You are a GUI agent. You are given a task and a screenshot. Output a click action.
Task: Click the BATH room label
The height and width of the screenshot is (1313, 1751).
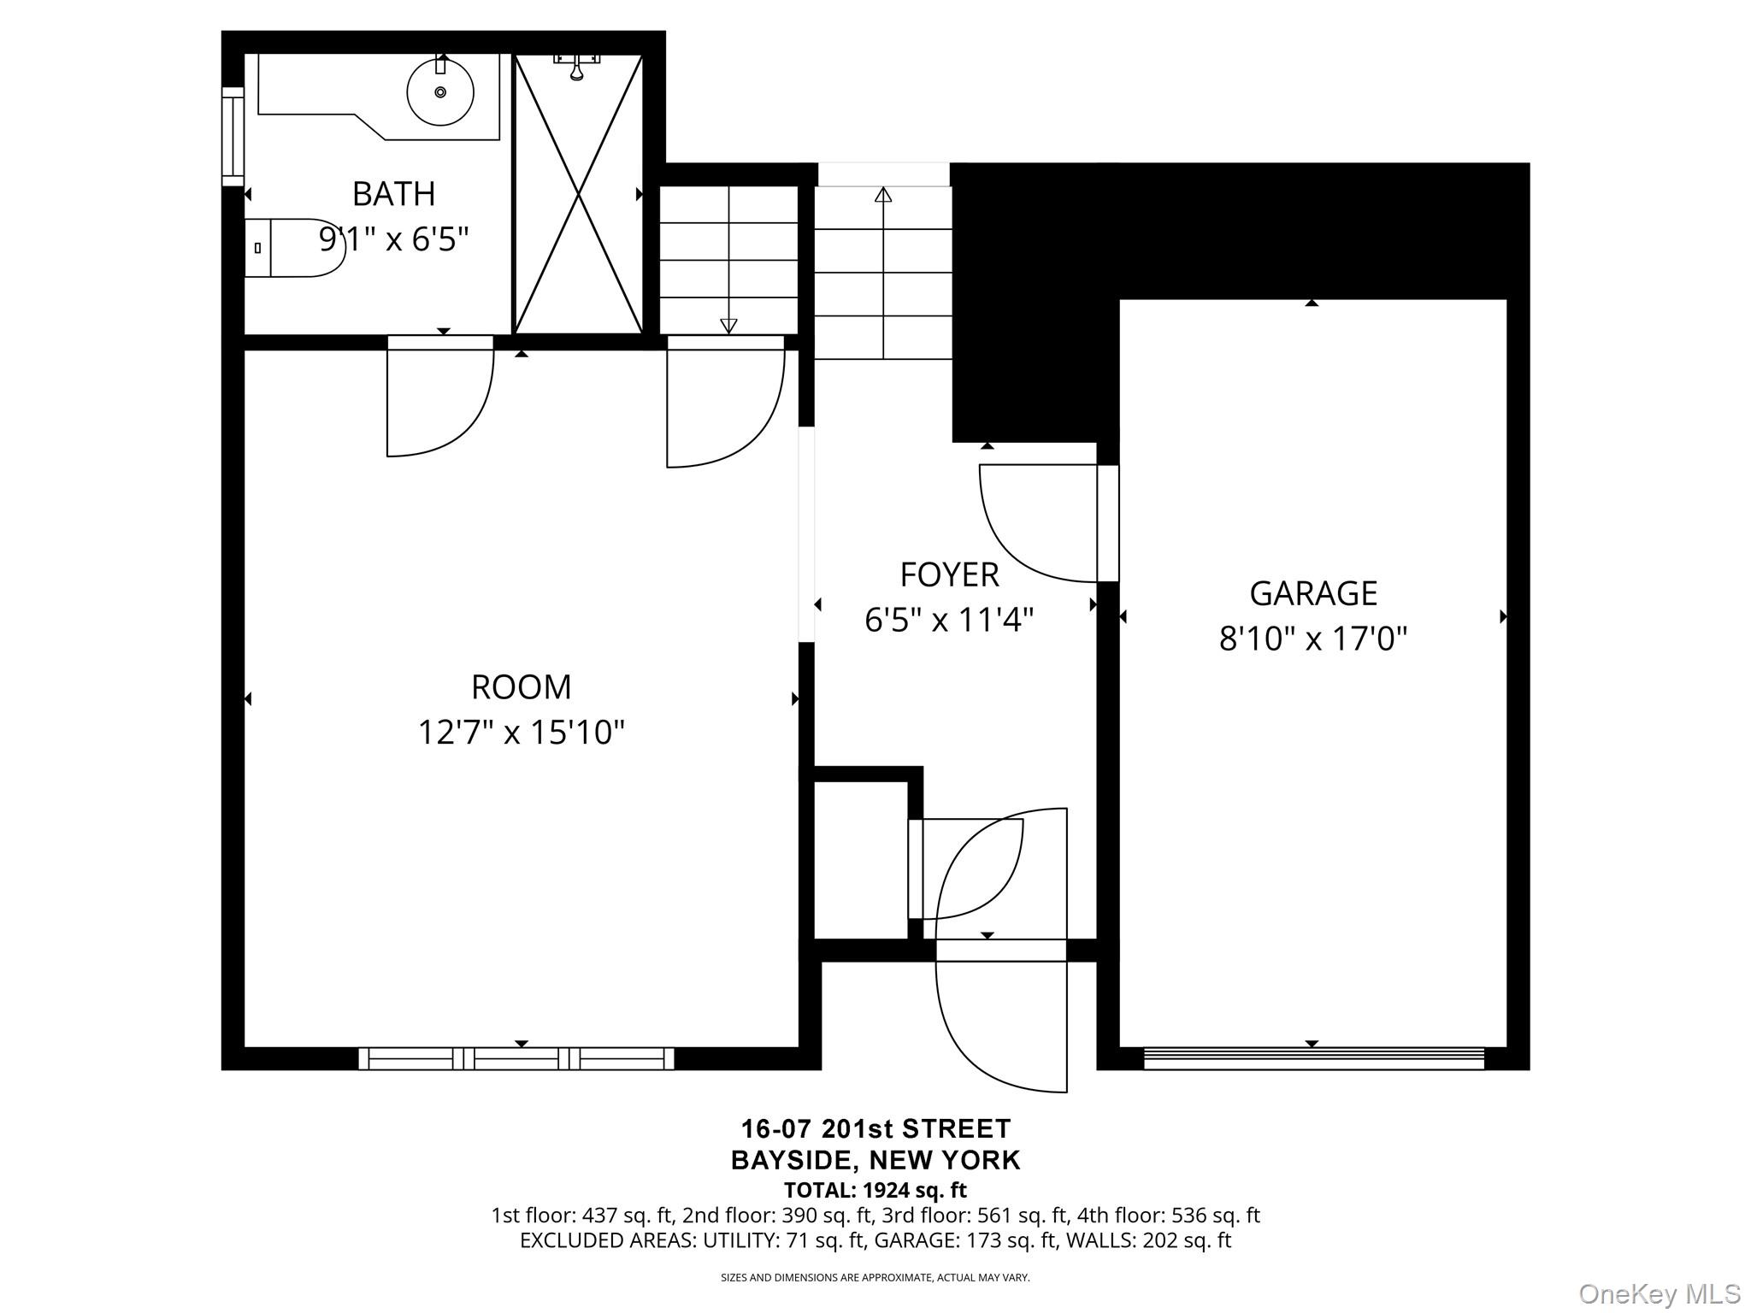tap(393, 195)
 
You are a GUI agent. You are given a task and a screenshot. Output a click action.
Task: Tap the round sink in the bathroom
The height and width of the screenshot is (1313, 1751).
tap(440, 91)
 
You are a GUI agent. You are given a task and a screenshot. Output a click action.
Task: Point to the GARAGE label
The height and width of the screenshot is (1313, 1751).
tap(1313, 593)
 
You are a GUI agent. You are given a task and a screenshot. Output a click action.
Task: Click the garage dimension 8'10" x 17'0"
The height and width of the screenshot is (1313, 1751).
tap(1313, 639)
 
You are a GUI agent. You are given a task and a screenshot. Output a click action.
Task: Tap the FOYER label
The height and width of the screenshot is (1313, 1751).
tap(949, 575)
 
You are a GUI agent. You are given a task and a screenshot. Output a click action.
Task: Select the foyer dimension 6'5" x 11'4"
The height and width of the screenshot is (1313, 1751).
tap(949, 620)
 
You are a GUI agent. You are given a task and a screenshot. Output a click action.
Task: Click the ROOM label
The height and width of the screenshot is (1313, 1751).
tap(521, 687)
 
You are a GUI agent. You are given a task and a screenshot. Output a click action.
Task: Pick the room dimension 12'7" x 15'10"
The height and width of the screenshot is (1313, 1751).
tap(521, 733)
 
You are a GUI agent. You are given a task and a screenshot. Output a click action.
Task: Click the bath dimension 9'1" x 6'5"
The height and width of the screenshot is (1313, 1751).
tap(393, 239)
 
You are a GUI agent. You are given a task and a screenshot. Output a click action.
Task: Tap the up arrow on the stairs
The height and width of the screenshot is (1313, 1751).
tap(883, 195)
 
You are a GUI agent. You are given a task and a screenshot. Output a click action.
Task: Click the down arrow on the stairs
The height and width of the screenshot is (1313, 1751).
tap(728, 325)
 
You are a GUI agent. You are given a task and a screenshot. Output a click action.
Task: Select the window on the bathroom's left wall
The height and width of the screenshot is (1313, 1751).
tap(233, 136)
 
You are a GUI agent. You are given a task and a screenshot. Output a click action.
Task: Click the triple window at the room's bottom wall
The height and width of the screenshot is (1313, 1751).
tap(516, 1058)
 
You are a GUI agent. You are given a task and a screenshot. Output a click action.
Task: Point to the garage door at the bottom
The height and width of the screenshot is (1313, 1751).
tap(1313, 1058)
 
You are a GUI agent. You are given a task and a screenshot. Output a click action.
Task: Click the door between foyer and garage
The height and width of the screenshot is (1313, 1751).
tap(1107, 523)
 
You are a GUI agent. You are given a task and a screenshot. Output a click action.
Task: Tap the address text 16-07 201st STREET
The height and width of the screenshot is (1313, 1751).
tap(875, 1129)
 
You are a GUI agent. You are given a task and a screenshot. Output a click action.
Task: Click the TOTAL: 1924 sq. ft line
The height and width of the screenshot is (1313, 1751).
tap(875, 1190)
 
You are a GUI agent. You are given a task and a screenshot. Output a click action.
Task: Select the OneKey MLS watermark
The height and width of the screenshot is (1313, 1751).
tap(1659, 1293)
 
